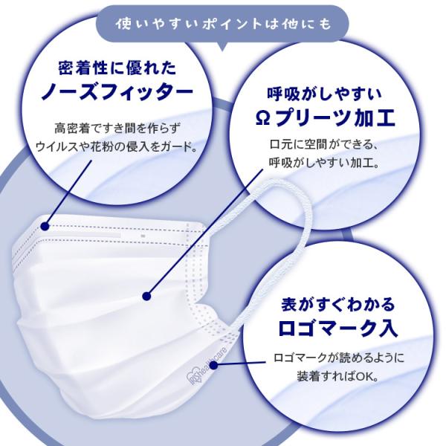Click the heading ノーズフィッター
117,91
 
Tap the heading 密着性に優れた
117,68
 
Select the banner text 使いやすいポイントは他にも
223,24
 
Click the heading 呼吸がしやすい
325,94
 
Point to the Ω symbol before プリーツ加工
262,119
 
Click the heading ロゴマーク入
337,328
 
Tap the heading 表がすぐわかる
338,304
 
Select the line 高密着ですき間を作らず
117,129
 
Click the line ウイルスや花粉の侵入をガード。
117,147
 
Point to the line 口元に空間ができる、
323,144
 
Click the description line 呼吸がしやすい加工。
325,164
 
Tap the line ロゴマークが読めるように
338,358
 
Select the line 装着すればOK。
338,377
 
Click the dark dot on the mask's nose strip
45,226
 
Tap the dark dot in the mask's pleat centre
146,296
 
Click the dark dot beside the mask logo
213,365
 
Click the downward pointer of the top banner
223,46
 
